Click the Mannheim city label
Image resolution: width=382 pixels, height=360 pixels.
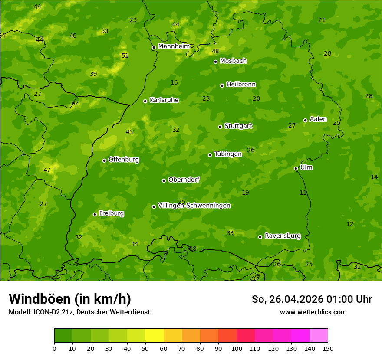click(174, 46)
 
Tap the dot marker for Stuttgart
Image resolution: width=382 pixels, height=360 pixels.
click(220, 127)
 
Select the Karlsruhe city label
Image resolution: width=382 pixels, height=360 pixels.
click(164, 100)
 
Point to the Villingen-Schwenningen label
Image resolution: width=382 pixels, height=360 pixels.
click(194, 206)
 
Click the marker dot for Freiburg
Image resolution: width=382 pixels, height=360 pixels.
click(95, 214)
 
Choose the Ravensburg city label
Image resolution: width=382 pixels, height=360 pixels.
click(282, 236)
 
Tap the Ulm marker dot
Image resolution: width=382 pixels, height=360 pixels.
click(296, 168)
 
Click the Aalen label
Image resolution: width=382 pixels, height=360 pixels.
click(318, 119)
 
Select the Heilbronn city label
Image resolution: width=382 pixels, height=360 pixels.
click(241, 85)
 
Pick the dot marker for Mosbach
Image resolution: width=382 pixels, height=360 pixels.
click(215, 62)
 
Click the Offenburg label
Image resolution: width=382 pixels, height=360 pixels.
click(123, 160)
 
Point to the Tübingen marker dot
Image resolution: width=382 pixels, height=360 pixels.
click(210, 155)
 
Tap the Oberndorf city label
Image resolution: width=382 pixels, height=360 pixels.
click(184, 180)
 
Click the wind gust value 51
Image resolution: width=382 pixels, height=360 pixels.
click(125, 56)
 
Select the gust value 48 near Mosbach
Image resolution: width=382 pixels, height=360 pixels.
click(215, 52)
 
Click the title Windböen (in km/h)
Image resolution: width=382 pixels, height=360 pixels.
click(70, 299)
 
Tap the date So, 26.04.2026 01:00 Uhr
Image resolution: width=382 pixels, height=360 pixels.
click(312, 299)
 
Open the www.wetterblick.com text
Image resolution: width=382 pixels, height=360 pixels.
click(313, 312)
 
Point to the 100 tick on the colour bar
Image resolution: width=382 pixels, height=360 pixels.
click(237, 348)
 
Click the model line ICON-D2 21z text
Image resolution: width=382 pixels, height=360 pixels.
click(79, 312)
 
